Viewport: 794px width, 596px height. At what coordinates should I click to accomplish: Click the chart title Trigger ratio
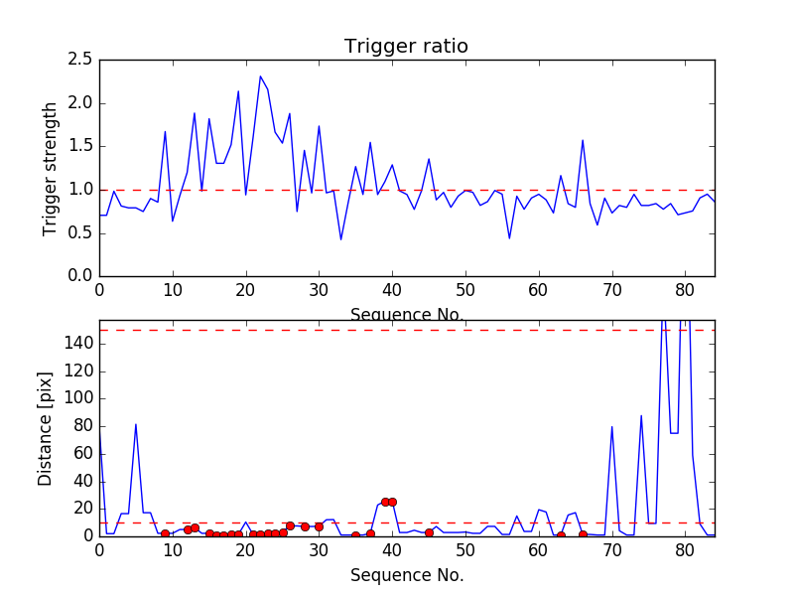point(406,46)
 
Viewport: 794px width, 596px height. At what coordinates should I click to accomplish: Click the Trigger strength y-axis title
point(51,169)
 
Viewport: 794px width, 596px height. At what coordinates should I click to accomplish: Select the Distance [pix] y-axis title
point(46,428)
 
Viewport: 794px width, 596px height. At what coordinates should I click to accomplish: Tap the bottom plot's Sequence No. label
point(407,574)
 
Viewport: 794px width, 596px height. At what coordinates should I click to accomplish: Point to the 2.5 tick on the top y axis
point(81,60)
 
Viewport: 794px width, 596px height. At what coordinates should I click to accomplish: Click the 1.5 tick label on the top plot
point(81,146)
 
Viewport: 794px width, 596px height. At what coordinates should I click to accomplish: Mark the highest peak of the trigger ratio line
point(260,76)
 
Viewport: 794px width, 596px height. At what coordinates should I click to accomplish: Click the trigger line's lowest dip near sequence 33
point(340,239)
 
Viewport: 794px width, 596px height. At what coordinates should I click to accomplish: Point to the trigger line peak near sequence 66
point(583,140)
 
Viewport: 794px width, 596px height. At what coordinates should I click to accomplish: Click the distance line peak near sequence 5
point(136,424)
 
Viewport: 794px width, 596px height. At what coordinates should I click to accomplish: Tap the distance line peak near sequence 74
point(641,415)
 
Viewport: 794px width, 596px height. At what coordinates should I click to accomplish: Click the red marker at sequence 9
point(165,534)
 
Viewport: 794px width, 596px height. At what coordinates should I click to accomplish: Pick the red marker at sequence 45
point(429,532)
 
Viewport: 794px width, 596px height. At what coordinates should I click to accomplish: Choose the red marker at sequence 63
point(561,535)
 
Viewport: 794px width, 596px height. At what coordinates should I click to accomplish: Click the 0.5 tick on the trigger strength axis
point(81,232)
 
